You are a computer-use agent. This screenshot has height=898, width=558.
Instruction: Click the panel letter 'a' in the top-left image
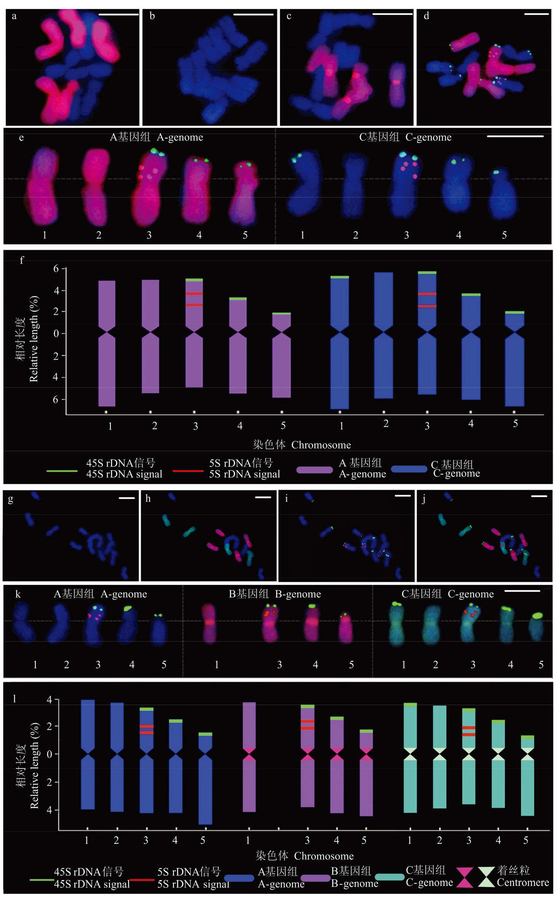pos(14,16)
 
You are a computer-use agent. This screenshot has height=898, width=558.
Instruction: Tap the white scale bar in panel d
pos(536,14)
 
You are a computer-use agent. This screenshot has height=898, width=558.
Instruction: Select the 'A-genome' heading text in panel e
pos(180,137)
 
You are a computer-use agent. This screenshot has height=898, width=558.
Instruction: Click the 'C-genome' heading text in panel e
pos(428,137)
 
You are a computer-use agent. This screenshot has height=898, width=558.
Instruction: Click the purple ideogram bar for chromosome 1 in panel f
pos(107,342)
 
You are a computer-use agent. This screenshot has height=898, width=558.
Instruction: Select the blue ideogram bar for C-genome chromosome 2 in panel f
pos(383,335)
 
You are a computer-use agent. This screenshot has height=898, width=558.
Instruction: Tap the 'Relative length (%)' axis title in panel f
pos(34,339)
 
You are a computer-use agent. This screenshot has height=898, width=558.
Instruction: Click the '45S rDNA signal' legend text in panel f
pos(124,474)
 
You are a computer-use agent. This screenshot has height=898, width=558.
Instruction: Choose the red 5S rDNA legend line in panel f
pos(188,471)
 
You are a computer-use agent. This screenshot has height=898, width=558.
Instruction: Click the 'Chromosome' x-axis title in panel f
pos(321,445)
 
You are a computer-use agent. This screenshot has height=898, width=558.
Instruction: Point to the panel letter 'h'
pos(148,498)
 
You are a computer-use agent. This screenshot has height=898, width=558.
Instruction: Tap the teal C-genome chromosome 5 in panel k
pos(536,626)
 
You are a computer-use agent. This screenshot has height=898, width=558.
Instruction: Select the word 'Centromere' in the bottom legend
pos(523,882)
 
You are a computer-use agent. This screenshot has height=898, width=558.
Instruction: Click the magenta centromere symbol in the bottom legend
pos(464,877)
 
